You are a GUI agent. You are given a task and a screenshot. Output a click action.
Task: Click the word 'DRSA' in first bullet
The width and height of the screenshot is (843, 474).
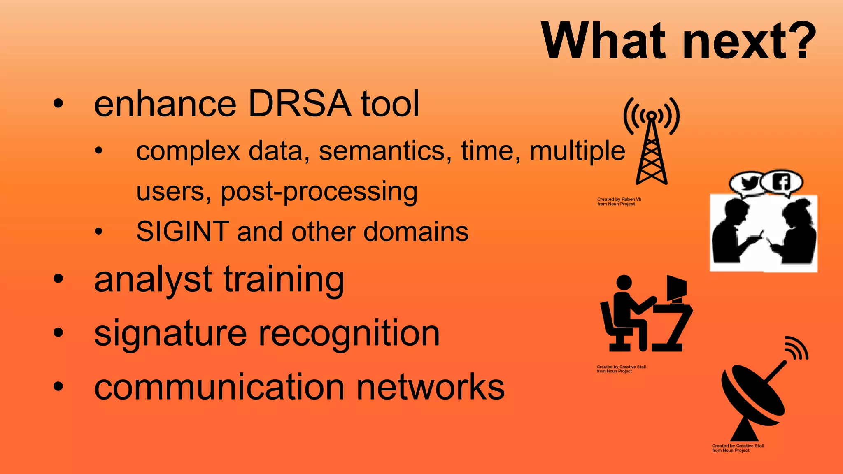(300, 104)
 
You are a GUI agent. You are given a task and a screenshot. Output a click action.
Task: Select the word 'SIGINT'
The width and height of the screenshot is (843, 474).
(182, 231)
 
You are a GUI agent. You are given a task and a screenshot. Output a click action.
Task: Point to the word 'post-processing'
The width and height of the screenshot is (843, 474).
(319, 192)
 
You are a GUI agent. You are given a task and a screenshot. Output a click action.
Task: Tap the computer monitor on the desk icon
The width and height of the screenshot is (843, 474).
(676, 288)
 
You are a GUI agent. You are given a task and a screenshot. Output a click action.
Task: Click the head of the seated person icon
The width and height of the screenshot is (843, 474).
(624, 283)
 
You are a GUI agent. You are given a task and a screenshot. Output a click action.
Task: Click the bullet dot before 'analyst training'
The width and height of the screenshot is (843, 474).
(58, 279)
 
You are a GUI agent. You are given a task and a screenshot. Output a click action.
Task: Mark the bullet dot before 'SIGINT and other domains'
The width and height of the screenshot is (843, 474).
(98, 232)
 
